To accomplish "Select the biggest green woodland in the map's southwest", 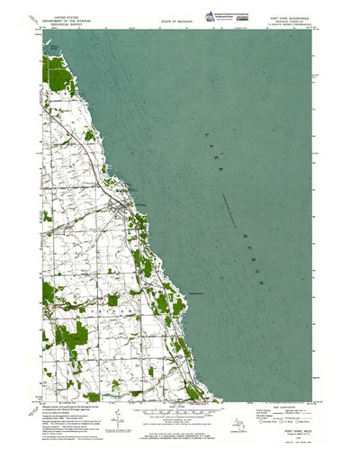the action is click(x=72, y=335).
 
